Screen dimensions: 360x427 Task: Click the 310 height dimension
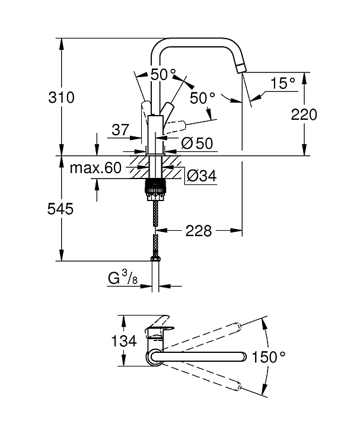pyautogui.click(x=61, y=97)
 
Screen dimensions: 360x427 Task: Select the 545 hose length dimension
pyautogui.click(x=60, y=209)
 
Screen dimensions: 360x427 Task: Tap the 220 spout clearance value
pyautogui.click(x=304, y=114)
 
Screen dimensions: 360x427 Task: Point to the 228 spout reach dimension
pyautogui.click(x=199, y=231)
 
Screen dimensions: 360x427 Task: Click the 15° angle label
pyautogui.click(x=283, y=83)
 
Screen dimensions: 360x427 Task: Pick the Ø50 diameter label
pyautogui.click(x=197, y=143)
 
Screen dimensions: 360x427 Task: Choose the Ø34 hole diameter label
pyautogui.click(x=202, y=176)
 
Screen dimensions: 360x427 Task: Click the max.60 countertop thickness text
pyautogui.click(x=95, y=168)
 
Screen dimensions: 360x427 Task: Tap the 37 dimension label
pyautogui.click(x=120, y=130)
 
